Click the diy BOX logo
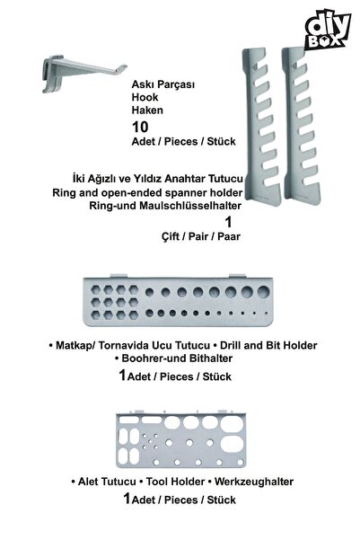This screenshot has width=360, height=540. coord(328,30)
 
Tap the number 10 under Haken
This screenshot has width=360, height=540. coord(140,127)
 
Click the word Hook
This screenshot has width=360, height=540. coord(145,97)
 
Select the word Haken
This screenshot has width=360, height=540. coord(147,111)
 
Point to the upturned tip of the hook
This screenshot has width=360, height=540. coord(122,68)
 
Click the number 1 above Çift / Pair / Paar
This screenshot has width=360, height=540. coord(229,222)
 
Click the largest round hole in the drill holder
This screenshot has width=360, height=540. coord(264,291)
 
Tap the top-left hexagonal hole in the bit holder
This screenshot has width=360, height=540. coord(96,289)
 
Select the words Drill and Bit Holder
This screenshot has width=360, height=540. coord(268,345)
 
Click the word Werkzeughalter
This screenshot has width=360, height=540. coord(254,482)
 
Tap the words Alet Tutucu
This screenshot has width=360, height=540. coord(107,482)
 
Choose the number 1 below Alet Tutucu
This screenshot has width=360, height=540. coord(127,498)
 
